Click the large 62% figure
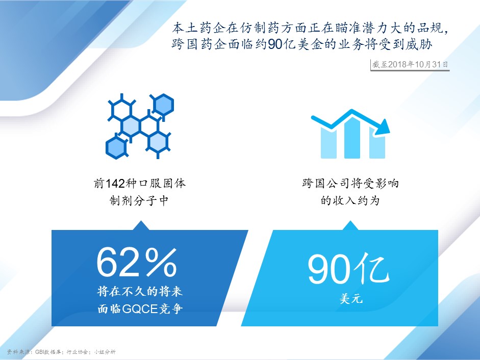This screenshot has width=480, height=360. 137,263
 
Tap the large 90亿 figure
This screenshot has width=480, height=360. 348,269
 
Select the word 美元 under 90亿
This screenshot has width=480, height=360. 351,298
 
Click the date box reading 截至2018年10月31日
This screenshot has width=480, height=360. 410,65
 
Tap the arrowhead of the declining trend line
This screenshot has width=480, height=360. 383,127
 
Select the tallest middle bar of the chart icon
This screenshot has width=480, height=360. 352,138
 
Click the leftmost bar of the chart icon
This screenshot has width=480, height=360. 329,143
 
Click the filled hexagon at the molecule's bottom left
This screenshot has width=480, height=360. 116,147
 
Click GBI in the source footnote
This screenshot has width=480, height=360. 40,352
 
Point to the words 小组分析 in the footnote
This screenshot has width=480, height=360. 105,352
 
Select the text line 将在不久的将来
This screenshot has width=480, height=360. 140,291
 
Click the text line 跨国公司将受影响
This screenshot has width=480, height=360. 350,184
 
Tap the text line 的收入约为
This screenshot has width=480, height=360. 350,200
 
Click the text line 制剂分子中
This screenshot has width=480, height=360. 139,200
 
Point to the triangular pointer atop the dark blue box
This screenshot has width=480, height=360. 140,225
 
